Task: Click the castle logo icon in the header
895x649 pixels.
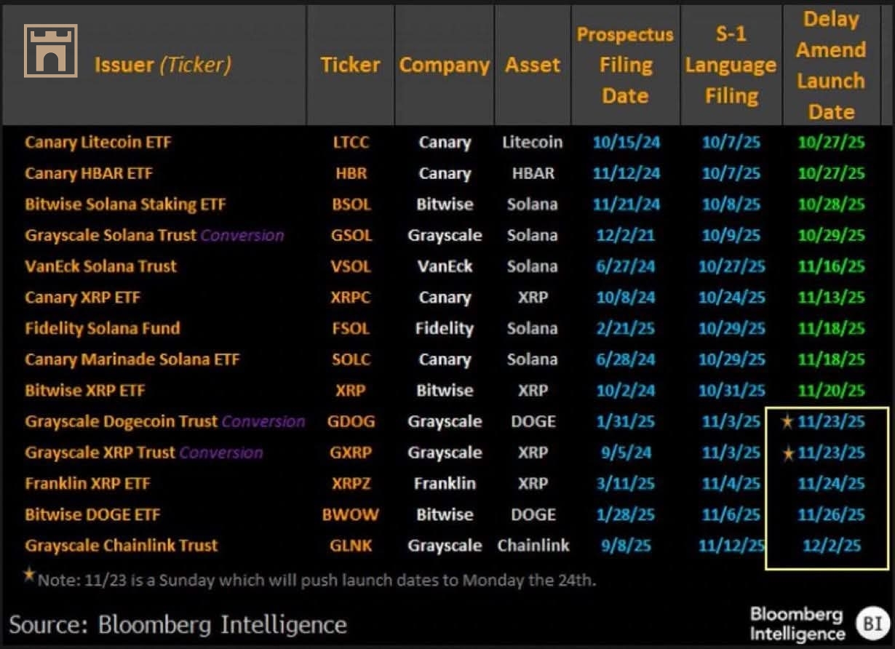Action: pyautogui.click(x=50, y=50)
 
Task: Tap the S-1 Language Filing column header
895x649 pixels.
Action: pyautogui.click(x=731, y=65)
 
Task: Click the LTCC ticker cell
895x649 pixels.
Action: pyautogui.click(x=351, y=143)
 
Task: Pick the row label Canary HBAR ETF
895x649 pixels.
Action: pyautogui.click(x=89, y=173)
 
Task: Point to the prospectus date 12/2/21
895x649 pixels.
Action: pyautogui.click(x=626, y=235)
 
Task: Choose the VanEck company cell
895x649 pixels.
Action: pyautogui.click(x=444, y=266)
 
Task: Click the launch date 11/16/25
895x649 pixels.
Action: pyautogui.click(x=831, y=266)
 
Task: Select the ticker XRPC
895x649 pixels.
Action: pyautogui.click(x=351, y=298)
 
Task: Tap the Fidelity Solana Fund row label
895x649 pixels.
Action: pyautogui.click(x=102, y=328)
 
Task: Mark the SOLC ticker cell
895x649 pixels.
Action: pyautogui.click(x=351, y=359)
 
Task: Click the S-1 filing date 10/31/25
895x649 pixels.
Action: pyautogui.click(x=732, y=391)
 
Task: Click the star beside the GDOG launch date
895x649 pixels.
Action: pyautogui.click(x=786, y=421)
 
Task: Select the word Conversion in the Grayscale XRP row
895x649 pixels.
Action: pyautogui.click(x=221, y=453)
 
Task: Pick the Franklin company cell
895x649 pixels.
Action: pyautogui.click(x=444, y=484)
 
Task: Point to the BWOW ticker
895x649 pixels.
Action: pyautogui.click(x=351, y=515)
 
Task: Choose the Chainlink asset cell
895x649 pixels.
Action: pyautogui.click(x=533, y=546)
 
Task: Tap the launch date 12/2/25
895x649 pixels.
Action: pyautogui.click(x=831, y=546)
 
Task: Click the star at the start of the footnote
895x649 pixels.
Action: pyautogui.click(x=29, y=575)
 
